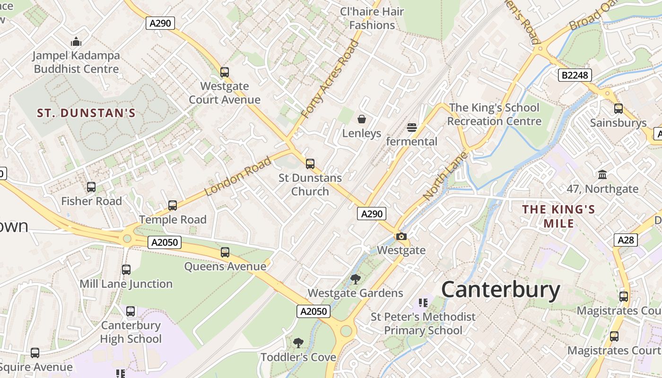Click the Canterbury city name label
pos(500,290)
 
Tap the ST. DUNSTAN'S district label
pos(86,113)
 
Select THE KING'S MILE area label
pos(558,216)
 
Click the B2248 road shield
pos(575,75)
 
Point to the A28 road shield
pos(626,240)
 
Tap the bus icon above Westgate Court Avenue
pos(225,72)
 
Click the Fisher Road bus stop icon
pos(91,187)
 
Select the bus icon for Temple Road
pos(173,206)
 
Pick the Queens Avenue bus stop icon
pos(225,252)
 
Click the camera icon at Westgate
pos(401,236)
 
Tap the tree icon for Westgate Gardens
pos(355,279)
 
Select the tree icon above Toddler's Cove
pos(298,343)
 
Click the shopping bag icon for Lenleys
pos(362,119)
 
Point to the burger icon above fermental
pos(411,127)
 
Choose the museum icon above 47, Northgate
pos(602,175)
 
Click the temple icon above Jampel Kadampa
pos(76,42)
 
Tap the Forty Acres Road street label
pos(330,79)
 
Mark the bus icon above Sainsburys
pos(618,109)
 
